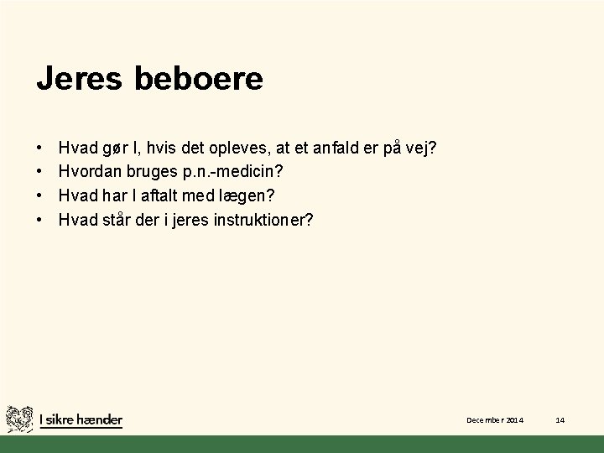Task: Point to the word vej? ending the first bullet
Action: [x=421, y=148]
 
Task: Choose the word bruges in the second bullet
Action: [x=151, y=172]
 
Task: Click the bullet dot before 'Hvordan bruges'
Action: [x=41, y=172]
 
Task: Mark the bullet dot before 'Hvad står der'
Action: [x=41, y=220]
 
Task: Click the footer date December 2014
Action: [x=495, y=419]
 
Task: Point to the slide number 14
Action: [x=560, y=419]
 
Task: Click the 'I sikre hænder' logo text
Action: [x=81, y=419]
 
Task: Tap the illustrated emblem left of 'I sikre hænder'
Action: [x=20, y=419]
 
